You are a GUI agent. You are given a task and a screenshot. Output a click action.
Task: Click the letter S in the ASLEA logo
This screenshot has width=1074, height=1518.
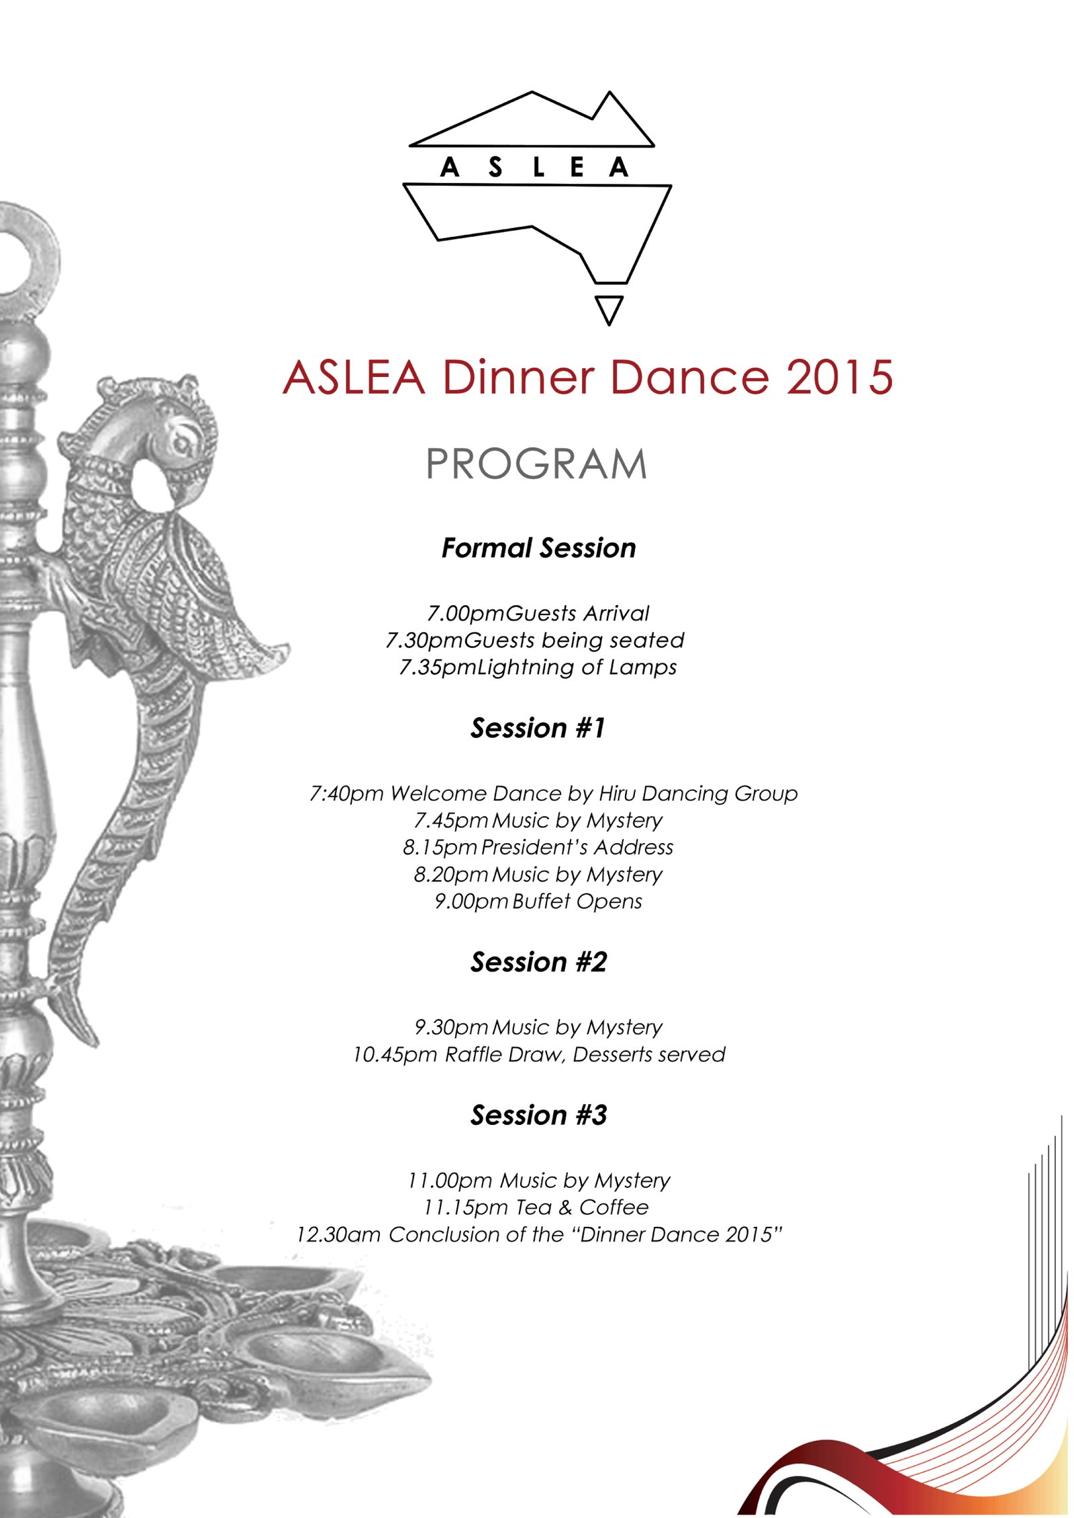tap(495, 168)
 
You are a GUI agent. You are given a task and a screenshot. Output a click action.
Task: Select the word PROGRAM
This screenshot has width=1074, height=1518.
tap(536, 464)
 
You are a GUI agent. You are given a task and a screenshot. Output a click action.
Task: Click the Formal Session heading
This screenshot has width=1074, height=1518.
tap(538, 548)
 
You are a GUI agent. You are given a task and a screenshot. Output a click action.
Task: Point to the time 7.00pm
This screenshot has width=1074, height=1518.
tap(466, 613)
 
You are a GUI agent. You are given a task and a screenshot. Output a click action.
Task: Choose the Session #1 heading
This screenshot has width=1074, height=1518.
tap(538, 728)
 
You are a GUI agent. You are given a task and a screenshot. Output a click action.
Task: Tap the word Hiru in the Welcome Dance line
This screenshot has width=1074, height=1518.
tap(617, 794)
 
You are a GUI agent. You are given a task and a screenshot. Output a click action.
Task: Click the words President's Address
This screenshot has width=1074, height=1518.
tap(577, 847)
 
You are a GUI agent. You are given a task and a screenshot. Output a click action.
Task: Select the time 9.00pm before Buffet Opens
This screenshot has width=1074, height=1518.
tap(471, 901)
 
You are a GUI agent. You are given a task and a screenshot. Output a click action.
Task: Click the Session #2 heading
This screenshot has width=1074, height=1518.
tap(538, 962)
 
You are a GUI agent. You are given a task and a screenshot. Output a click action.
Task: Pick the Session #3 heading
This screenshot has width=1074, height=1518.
tap(538, 1115)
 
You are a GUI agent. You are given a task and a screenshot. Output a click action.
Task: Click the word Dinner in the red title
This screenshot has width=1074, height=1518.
tap(518, 377)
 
